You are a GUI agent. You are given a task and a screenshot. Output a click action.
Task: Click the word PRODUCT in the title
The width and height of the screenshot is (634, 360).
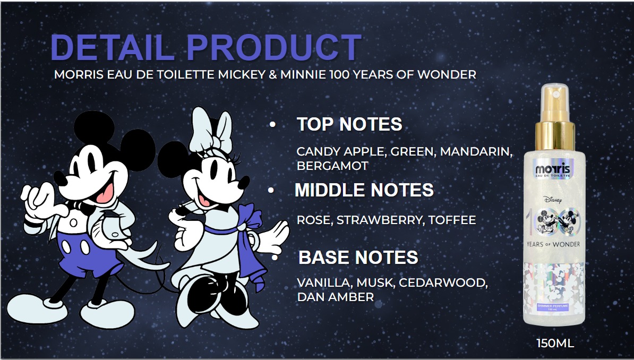point(275,48)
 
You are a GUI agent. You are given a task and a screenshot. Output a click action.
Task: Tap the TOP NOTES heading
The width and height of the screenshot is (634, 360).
point(349,124)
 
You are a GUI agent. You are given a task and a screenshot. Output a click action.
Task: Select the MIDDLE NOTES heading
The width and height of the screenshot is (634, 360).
point(364,190)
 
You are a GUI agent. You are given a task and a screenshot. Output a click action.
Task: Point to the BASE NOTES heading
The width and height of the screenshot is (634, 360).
point(358,258)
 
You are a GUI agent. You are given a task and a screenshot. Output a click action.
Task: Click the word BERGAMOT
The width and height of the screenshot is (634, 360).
point(332,166)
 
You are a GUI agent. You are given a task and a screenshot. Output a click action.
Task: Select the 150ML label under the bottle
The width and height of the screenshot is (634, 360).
point(555,344)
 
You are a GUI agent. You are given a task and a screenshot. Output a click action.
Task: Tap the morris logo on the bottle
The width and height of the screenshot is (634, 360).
point(555,170)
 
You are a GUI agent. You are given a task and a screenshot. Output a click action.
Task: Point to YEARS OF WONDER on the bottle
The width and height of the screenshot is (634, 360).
point(555,244)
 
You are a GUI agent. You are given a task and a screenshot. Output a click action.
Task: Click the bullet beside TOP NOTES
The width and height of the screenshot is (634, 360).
point(273,125)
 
